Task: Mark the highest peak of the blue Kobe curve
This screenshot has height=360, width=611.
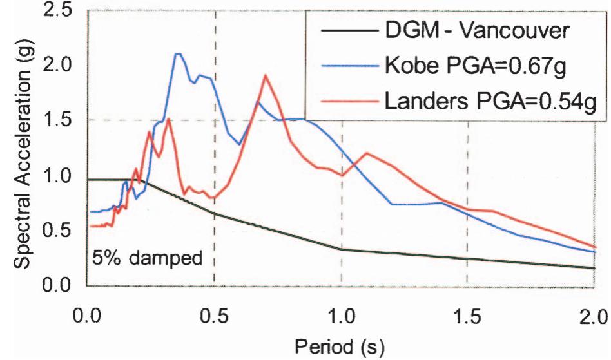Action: pos(178,54)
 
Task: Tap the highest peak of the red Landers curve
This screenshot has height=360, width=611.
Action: pos(265,75)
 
